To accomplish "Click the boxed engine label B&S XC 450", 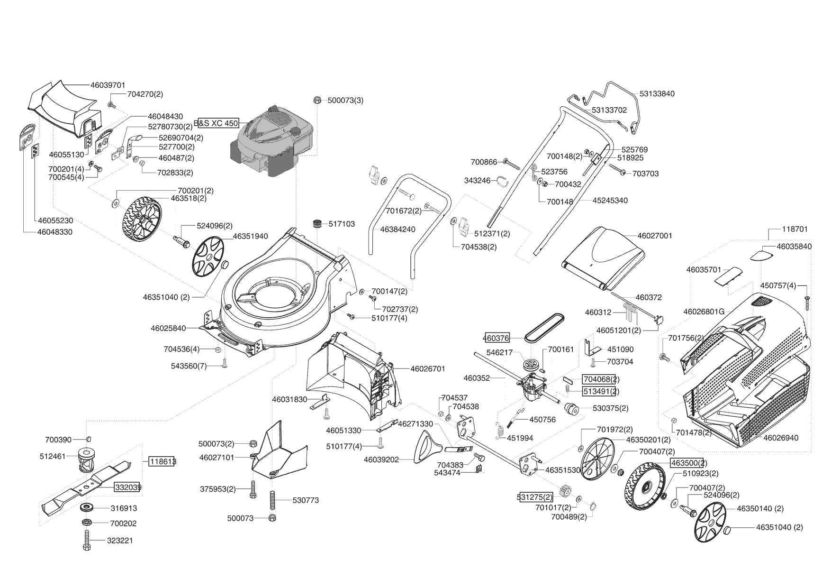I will [x=218, y=123].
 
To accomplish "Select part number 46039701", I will [x=108, y=85].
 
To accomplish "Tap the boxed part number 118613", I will [x=162, y=461].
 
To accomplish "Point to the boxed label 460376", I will [x=497, y=338].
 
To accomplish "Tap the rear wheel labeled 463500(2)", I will [x=646, y=486].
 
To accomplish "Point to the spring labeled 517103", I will [x=317, y=224].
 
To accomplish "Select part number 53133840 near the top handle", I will [x=657, y=94].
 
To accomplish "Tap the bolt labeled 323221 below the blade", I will [x=87, y=541].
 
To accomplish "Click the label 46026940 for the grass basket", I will [x=781, y=438].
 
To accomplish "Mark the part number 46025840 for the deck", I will [x=168, y=328].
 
